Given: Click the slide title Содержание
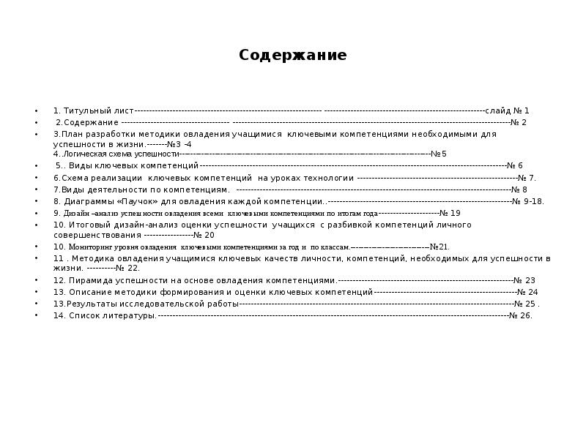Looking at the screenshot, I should [292, 56].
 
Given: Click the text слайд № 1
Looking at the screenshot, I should [507, 110].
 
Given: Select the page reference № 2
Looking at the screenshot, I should [519, 122].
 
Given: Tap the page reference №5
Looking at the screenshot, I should [439, 154].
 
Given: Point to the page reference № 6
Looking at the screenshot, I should [515, 166].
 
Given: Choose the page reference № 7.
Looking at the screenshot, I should [527, 178].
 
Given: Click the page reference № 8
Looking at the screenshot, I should [519, 190].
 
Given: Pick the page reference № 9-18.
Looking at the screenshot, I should [528, 201].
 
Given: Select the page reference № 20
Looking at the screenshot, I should [204, 236].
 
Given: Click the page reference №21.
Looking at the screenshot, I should [439, 247].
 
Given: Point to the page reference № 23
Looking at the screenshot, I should [524, 280].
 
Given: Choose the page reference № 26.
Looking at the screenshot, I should [521, 316].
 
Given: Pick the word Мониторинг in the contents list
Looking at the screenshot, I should [92, 247].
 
